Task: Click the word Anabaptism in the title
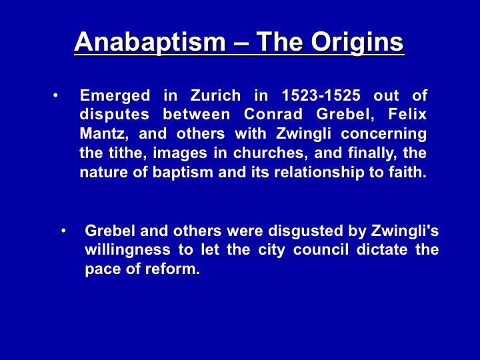tap(150, 42)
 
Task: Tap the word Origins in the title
tap(357, 42)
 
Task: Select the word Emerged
tap(115, 96)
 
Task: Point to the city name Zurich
tap(215, 95)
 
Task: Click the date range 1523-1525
tap(321, 95)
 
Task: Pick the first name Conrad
tap(273, 114)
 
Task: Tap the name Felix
tap(407, 114)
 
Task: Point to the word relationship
tap(319, 173)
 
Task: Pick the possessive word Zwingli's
tap(405, 231)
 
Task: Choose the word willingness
tap(127, 251)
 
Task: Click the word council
tap(321, 249)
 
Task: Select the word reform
tap(173, 269)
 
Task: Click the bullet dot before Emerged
tap(55, 95)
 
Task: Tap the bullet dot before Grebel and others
tap(63, 231)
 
